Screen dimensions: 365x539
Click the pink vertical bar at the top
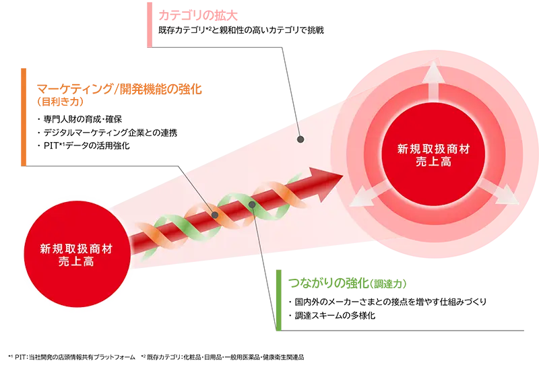148,24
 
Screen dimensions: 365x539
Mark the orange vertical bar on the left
24,115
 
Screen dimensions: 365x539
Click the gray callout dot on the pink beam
300,140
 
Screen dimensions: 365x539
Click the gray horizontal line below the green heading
404,331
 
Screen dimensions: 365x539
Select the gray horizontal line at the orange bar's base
101,164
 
